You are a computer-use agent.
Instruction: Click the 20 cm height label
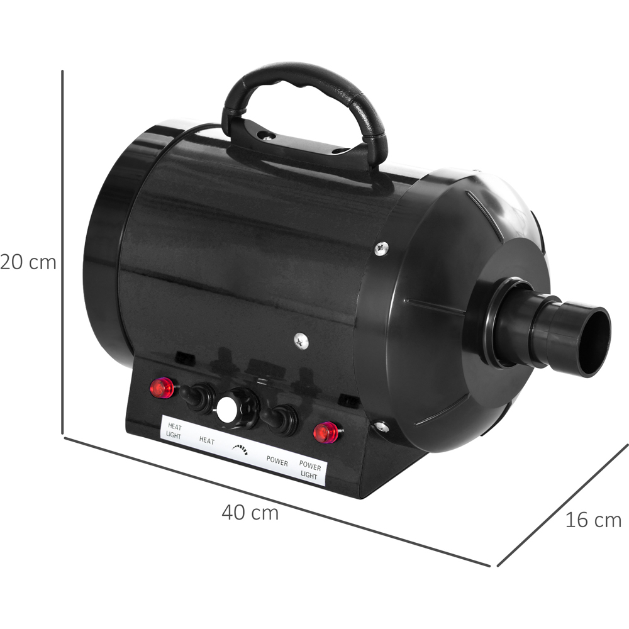click(x=28, y=263)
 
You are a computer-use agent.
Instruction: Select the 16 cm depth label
click(x=593, y=520)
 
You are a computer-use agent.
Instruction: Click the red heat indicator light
click(x=162, y=388)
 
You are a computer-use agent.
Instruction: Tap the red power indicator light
click(x=326, y=433)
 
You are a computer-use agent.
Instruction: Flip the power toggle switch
click(x=280, y=418)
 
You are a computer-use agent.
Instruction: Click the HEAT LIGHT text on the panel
click(x=174, y=431)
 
